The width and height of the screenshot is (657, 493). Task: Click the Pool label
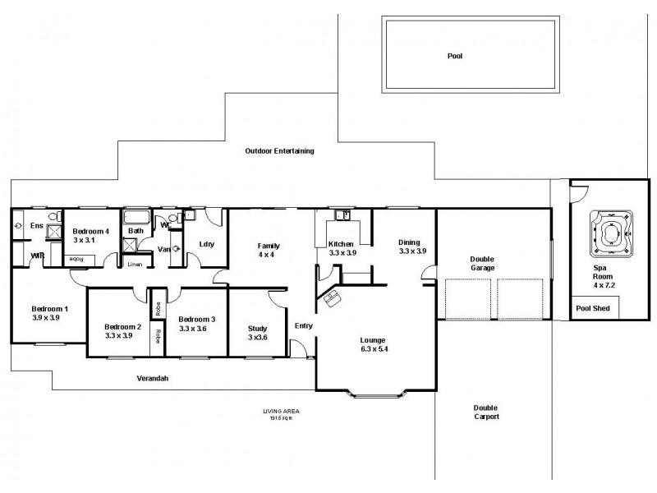point(455,56)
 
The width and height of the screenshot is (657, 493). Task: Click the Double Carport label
point(486,412)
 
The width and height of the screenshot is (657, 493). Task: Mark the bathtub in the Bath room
point(135,219)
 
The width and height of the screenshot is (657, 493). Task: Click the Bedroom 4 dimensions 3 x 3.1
point(85,240)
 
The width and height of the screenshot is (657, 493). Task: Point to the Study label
point(257,329)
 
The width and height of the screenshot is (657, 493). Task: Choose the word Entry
point(304,326)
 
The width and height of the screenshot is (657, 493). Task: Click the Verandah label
point(153,379)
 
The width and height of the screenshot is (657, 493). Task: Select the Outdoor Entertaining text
point(280,151)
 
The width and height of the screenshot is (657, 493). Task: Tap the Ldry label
point(206,243)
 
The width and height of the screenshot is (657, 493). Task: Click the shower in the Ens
point(53,233)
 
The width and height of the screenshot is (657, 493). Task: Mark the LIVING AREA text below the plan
point(278,410)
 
